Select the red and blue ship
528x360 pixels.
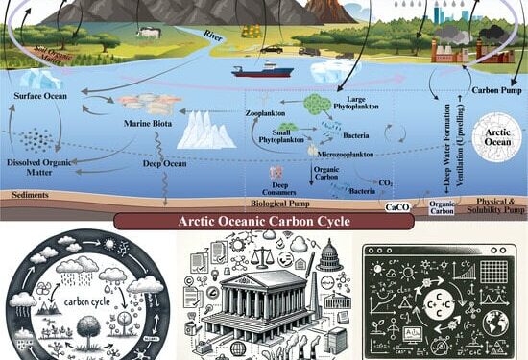coord(261,70)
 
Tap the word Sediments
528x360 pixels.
coord(31,194)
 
